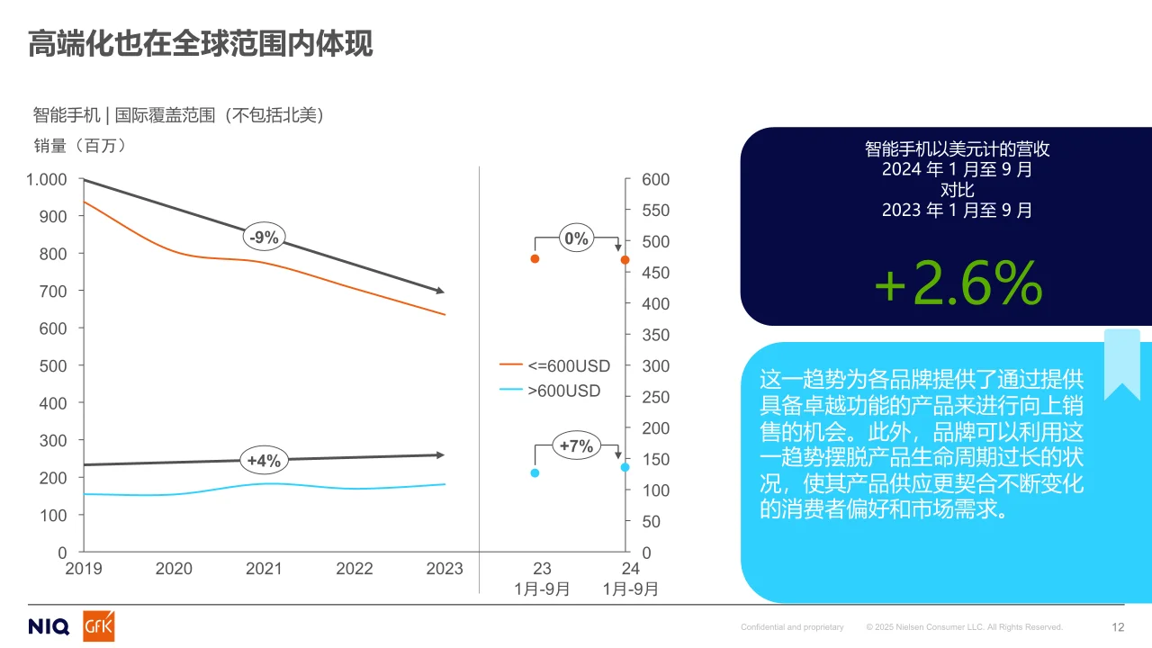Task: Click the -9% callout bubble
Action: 265,238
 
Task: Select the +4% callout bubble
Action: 264,461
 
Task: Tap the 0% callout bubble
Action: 575,238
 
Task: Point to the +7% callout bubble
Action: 576,445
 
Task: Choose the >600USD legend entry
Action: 551,391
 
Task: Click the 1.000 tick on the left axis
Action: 47,180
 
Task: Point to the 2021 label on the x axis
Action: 264,569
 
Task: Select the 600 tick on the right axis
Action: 655,180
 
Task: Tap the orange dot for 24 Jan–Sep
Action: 625,260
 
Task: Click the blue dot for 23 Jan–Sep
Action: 535,472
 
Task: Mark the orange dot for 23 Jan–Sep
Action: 535,258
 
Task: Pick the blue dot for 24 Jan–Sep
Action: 625,467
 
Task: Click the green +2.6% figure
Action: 958,284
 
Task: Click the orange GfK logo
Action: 98,626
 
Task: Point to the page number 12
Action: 1119,627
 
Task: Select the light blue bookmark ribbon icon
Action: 1121,364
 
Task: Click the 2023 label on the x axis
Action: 445,569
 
